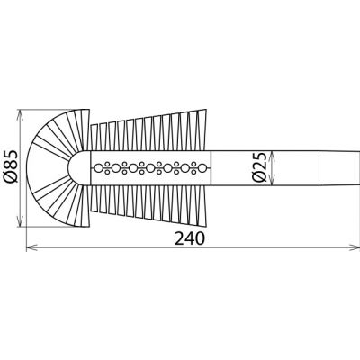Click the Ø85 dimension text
[x=12, y=167]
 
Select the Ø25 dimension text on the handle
[x=260, y=166]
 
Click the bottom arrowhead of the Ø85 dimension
[x=22, y=221]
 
